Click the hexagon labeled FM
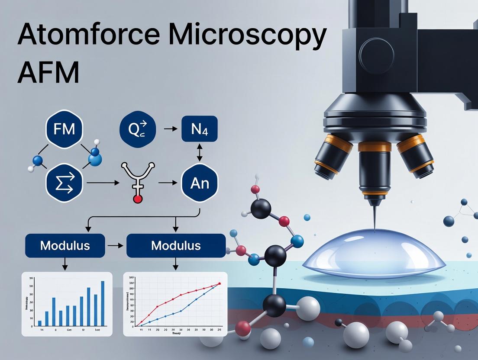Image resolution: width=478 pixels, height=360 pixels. [64, 129]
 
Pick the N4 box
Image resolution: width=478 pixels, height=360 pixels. [200, 129]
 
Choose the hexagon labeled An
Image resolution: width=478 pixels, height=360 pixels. [200, 183]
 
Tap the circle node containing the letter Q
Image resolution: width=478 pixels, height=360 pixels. [137, 129]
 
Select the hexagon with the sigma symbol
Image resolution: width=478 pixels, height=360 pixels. [64, 184]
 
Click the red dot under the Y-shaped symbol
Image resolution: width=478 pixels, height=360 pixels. [138, 199]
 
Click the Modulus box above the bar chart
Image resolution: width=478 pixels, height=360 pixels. [65, 246]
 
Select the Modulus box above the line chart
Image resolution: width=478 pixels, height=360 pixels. [176, 246]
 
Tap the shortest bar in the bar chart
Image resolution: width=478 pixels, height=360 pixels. [40, 323]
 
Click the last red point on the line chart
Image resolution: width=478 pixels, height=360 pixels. [219, 284]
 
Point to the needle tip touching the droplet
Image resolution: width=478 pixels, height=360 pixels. [373, 225]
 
